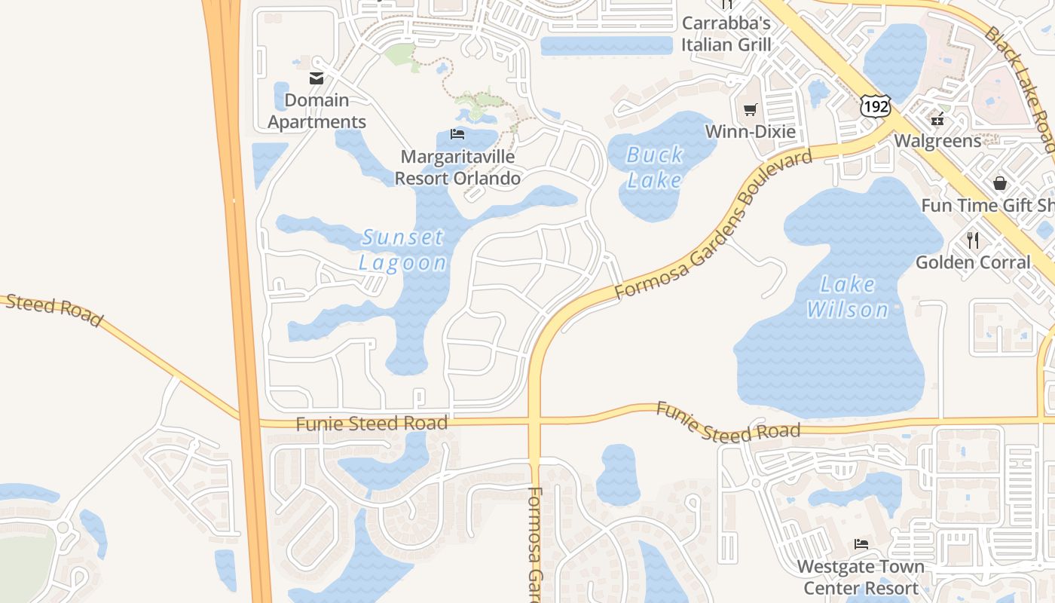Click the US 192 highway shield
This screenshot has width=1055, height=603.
(x=876, y=106)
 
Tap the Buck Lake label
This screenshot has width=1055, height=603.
(x=655, y=167)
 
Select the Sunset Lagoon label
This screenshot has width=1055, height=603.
(x=403, y=249)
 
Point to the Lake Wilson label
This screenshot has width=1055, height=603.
(x=848, y=297)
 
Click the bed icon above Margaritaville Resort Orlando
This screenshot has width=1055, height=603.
(x=457, y=135)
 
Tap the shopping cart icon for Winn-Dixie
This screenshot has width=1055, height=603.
(x=750, y=110)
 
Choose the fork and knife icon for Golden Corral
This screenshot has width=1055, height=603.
(x=973, y=240)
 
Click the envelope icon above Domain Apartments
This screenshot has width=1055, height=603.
(x=316, y=78)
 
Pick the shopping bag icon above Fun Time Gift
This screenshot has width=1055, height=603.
(x=1000, y=183)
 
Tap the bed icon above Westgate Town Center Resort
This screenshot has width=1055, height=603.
(x=861, y=544)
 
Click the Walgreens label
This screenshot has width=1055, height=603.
(x=937, y=141)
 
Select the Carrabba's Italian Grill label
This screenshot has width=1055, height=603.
(x=726, y=33)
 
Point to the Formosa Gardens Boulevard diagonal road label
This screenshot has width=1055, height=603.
(x=714, y=224)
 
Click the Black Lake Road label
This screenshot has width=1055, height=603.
(x=1020, y=87)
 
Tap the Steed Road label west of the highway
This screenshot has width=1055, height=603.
(x=53, y=310)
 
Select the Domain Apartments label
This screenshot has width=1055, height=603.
(x=317, y=111)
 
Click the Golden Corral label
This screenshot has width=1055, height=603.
(x=973, y=262)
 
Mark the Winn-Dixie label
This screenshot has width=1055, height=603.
(x=750, y=132)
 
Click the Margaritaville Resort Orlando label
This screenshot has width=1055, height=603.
(x=457, y=167)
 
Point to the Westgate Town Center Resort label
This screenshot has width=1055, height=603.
(x=861, y=577)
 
